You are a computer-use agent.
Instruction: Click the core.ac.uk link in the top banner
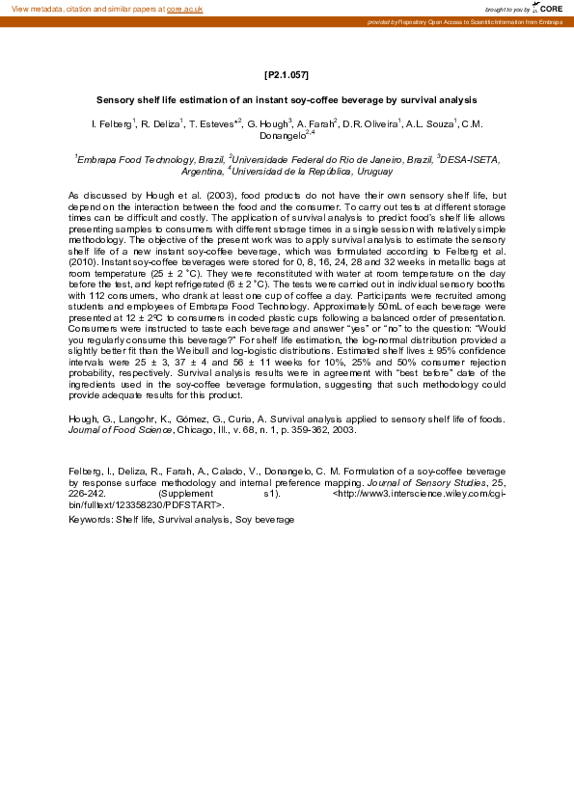pos(184,9)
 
